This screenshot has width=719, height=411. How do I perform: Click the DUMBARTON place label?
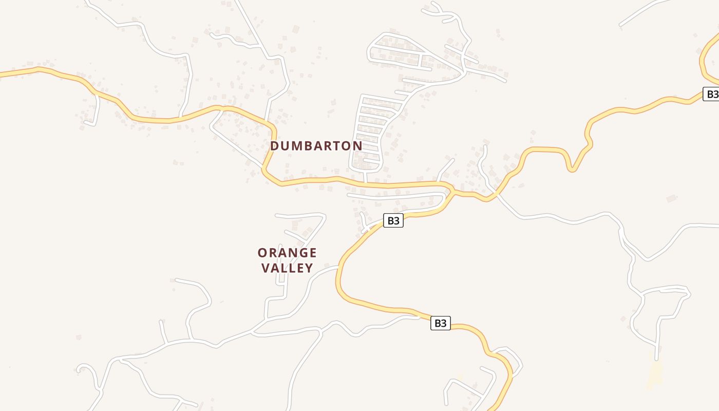coord(316,146)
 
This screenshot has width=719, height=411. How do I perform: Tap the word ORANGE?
coord(287,253)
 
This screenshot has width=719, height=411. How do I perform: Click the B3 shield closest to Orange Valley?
coord(393,221)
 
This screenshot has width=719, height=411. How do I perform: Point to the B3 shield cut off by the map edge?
coord(711,94)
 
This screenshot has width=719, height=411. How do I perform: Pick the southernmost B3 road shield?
coord(440,323)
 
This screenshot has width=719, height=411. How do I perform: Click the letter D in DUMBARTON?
coord(274,146)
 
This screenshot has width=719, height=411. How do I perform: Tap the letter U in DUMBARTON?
coord(285,146)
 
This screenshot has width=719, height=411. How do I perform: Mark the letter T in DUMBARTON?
coord(336,146)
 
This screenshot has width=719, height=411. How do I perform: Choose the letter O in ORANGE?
coord(262,253)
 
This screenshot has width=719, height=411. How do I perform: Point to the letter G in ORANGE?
coord(302,253)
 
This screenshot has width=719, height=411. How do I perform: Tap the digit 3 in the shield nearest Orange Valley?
coord(396,221)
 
